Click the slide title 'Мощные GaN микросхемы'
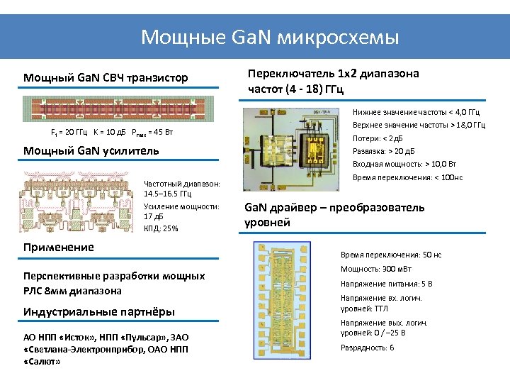click(x=270, y=37)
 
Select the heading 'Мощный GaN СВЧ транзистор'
click(x=106, y=77)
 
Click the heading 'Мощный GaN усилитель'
click(x=91, y=150)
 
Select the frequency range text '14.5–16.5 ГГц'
click(x=173, y=194)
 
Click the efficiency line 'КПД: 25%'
click(x=161, y=228)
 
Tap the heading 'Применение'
click(x=59, y=247)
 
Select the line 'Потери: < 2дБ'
click(x=377, y=138)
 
